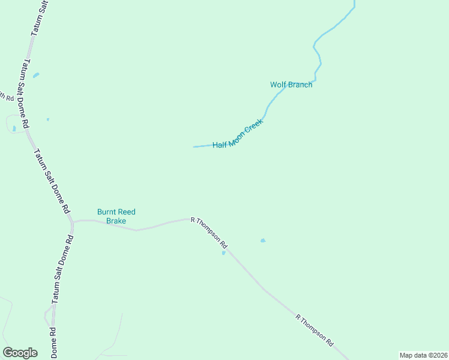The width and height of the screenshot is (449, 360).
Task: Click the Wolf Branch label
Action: [291, 85]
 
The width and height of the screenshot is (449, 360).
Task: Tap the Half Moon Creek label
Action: [238, 134]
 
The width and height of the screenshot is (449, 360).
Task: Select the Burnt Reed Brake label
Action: [116, 216]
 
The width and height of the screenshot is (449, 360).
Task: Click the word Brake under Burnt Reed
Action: [116, 221]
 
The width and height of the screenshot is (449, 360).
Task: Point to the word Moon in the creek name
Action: [237, 135]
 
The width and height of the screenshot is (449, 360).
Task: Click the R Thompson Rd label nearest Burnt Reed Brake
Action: [209, 233]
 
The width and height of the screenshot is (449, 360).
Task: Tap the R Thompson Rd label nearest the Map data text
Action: [315, 329]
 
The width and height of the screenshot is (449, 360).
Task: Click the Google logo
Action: [20, 353]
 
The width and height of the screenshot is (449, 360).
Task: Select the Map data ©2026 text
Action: [424, 355]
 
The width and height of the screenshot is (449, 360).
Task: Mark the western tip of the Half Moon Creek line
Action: [193, 146]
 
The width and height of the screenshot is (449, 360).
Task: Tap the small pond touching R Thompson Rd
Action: [224, 253]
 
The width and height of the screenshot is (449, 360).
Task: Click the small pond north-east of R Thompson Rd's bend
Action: [262, 241]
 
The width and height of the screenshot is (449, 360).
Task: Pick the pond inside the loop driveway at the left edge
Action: [14, 128]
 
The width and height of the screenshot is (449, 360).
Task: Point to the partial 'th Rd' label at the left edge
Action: [7, 97]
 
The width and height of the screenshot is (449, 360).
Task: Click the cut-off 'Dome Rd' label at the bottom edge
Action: [53, 343]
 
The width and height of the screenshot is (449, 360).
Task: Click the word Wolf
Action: [277, 85]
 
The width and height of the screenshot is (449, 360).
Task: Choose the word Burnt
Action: [107, 212]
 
